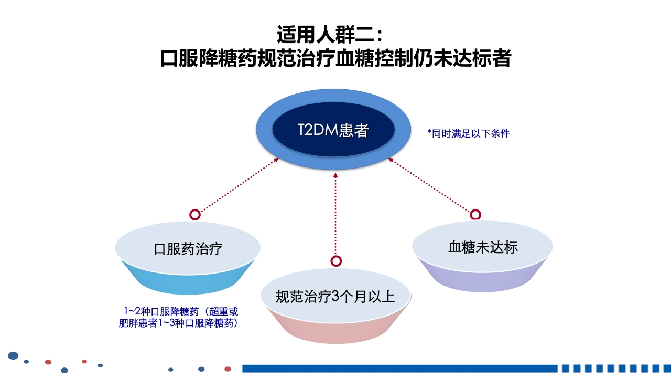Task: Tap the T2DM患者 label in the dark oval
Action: pos(333,130)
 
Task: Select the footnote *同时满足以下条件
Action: pos(469,133)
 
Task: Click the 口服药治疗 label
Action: pos(188,248)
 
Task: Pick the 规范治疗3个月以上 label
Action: pos(335,297)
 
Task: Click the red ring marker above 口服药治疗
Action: pos(194,215)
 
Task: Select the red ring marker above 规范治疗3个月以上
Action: pos(336,261)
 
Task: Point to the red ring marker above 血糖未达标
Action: pos(475,214)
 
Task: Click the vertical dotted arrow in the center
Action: pos(335,215)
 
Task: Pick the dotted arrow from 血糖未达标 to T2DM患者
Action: pos(431,186)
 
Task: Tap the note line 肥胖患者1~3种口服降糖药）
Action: pos(179,323)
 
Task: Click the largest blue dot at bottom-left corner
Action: pos(13,356)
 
